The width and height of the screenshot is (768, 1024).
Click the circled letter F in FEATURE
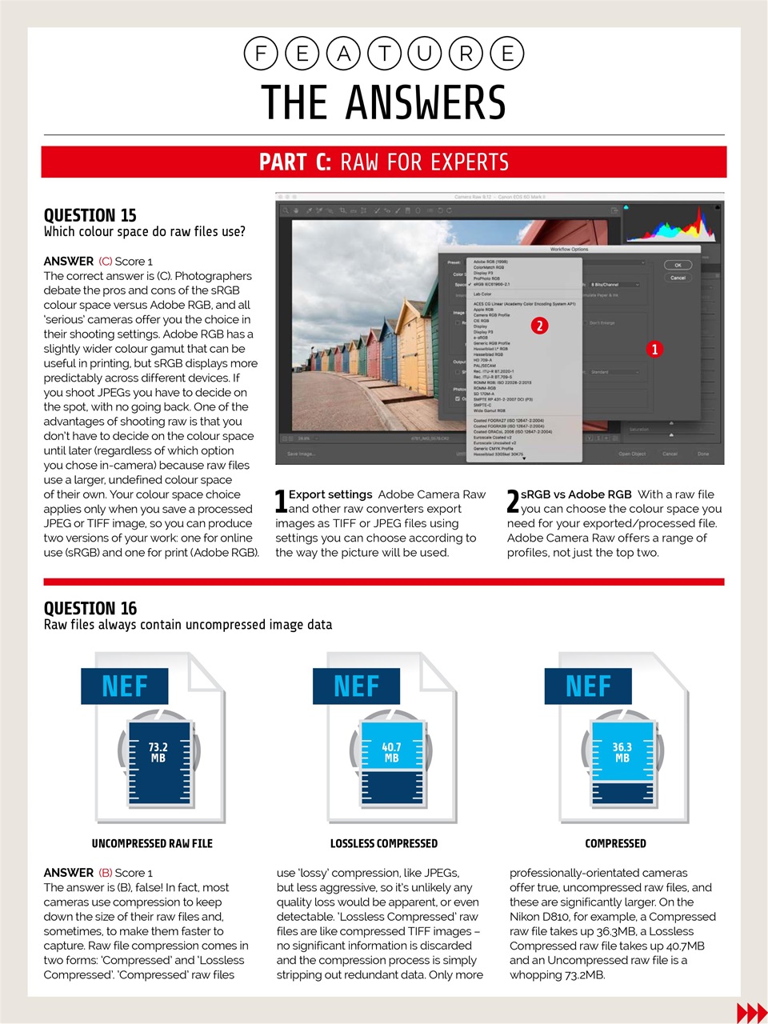click(261, 54)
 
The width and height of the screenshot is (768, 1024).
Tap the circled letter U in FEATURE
click(425, 54)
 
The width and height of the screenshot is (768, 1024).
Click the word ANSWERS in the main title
click(426, 103)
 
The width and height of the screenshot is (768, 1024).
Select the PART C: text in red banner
click(294, 162)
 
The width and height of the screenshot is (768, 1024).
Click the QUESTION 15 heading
click(90, 215)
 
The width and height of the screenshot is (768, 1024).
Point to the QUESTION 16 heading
click(90, 608)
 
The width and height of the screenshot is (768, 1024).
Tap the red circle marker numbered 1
click(654, 349)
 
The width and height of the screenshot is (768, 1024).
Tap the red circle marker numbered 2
click(540, 326)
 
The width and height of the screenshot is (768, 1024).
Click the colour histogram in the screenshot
click(670, 225)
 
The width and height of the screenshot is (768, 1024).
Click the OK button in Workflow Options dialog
click(678, 265)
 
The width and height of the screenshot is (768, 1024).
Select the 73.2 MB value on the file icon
click(158, 752)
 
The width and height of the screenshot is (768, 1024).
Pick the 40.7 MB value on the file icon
click(391, 752)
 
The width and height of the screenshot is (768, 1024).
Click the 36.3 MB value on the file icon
click(622, 752)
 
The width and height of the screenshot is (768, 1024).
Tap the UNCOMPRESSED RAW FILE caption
click(152, 843)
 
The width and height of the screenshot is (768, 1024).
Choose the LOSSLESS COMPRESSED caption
click(384, 843)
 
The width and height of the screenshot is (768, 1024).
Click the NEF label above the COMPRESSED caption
click(588, 686)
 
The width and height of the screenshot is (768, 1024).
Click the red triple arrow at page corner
click(751, 1013)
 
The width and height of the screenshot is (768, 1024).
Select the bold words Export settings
click(330, 494)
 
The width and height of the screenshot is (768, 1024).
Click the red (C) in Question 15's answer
click(105, 262)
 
